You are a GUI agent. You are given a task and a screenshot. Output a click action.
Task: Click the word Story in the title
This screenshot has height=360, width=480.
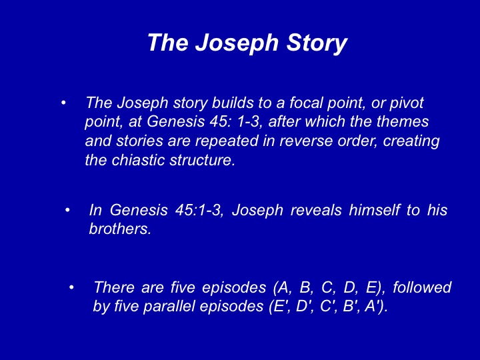[x=317, y=43]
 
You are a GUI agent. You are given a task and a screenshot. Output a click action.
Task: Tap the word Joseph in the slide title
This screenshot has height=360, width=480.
[x=237, y=43]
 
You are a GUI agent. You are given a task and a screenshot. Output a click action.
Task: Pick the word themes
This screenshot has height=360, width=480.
[x=402, y=121]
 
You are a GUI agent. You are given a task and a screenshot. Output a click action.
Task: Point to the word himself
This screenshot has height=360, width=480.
[x=374, y=210]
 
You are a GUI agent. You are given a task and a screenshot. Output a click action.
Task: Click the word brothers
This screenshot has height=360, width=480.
[x=120, y=229]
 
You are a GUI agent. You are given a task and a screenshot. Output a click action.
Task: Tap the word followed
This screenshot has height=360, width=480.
[x=422, y=287]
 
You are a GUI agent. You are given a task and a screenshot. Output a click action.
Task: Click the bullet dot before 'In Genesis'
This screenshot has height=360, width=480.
[x=67, y=210]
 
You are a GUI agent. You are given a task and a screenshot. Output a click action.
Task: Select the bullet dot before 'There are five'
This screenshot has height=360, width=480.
[x=71, y=287]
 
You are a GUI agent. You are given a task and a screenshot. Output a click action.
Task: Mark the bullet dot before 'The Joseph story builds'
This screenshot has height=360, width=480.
[x=63, y=103]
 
